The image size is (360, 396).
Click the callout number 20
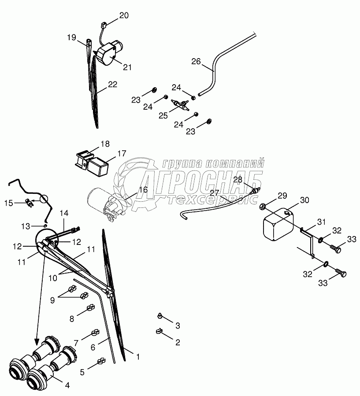(x=124, y=15)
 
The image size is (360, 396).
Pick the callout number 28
(x=238, y=179)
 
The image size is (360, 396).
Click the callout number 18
(x=105, y=144)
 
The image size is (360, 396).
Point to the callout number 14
(x=64, y=213)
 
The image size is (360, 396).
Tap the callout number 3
(x=178, y=326)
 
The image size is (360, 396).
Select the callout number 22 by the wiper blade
(x=113, y=85)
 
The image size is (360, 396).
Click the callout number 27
(x=215, y=193)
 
